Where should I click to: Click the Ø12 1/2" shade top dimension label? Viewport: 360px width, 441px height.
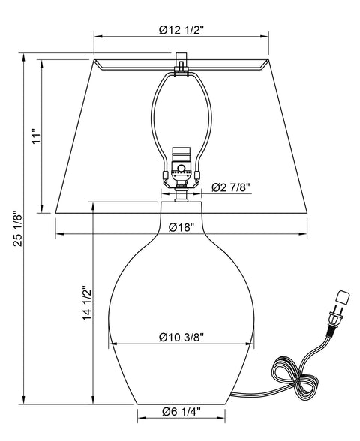click(x=181, y=29)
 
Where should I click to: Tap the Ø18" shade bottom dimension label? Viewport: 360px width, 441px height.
click(x=181, y=227)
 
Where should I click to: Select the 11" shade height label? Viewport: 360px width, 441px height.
click(x=36, y=136)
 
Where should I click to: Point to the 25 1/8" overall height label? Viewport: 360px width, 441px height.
click(x=17, y=229)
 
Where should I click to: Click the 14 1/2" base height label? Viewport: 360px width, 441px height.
click(x=87, y=303)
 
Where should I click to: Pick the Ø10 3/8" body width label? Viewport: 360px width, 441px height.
click(x=181, y=337)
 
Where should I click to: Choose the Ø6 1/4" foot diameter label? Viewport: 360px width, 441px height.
click(x=181, y=412)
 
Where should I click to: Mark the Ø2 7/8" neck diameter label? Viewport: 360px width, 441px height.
click(x=231, y=187)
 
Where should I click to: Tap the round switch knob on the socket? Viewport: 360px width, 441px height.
click(x=181, y=169)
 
